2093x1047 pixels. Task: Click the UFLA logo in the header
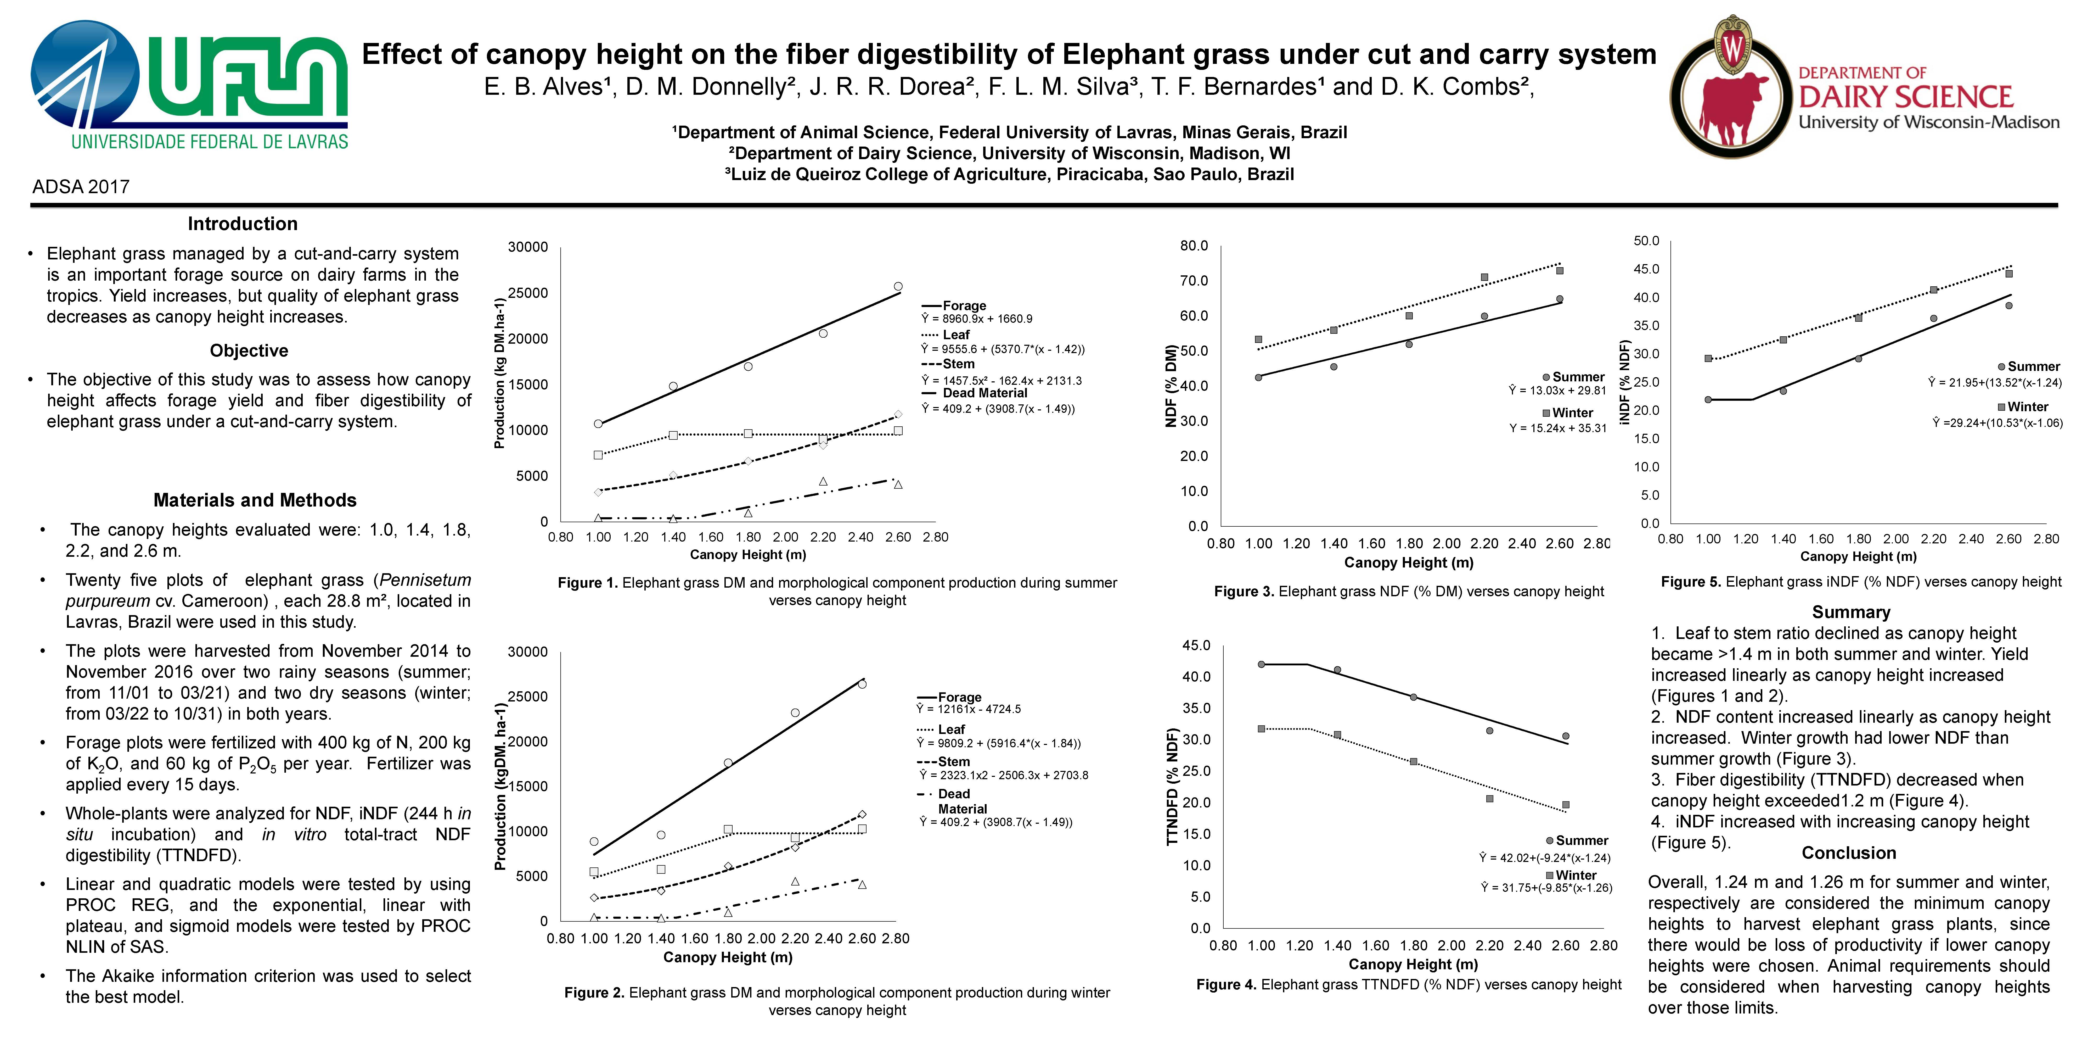tap(189, 85)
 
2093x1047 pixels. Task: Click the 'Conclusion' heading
tap(1848, 853)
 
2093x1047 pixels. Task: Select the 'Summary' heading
tap(1851, 612)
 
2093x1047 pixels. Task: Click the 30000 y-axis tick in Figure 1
tap(528, 247)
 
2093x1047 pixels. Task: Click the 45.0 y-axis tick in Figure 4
tap(1196, 645)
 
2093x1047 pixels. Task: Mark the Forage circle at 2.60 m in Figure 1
tap(898, 286)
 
